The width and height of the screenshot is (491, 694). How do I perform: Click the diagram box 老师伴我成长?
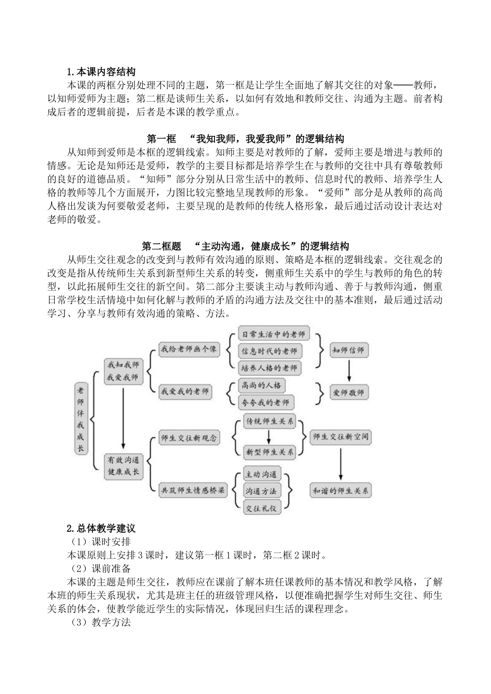[80, 419]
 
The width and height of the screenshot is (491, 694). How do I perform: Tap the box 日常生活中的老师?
[273, 334]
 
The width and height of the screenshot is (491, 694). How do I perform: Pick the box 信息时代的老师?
[269, 351]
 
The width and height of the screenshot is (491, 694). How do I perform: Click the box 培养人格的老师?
[269, 368]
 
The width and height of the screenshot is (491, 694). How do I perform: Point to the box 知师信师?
[348, 350]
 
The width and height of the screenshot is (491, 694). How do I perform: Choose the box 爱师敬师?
[348, 393]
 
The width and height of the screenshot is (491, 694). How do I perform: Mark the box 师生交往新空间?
[341, 437]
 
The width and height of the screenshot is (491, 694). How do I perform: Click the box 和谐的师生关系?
[341, 491]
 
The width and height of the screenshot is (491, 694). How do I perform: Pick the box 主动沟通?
[261, 474]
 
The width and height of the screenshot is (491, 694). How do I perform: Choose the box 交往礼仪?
[261, 508]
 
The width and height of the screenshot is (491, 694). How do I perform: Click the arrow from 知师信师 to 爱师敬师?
[348, 372]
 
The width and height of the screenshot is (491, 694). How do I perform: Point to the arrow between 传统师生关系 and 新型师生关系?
[269, 437]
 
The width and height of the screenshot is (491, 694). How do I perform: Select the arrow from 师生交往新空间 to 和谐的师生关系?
[341, 464]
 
